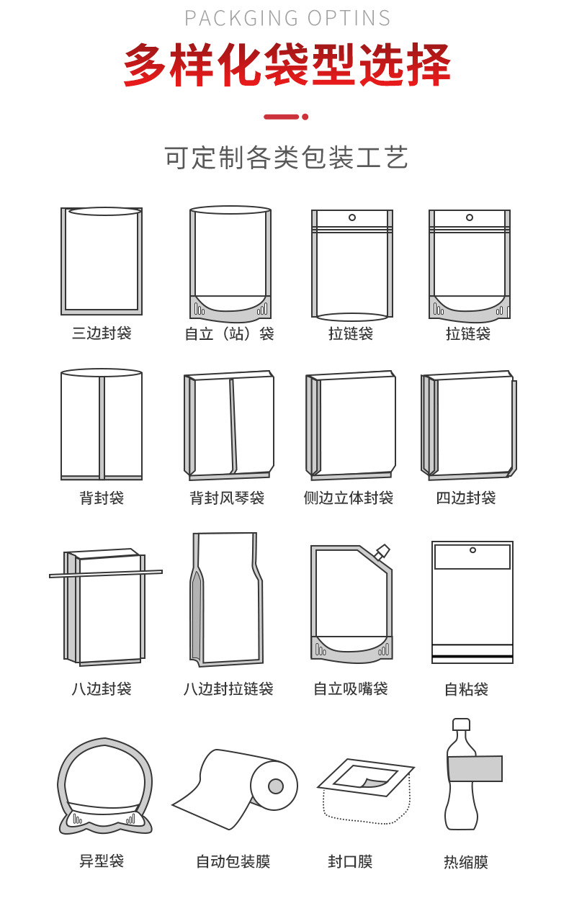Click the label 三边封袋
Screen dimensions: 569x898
pyautogui.click(x=102, y=333)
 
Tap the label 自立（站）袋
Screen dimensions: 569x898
pyautogui.click(x=230, y=334)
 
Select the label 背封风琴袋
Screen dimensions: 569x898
pyautogui.click(x=227, y=498)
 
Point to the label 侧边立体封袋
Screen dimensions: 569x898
pyautogui.click(x=349, y=498)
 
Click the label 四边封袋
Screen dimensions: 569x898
pyautogui.click(x=466, y=498)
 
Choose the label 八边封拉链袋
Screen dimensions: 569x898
pyautogui.click(x=228, y=689)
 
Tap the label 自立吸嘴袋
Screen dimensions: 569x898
pyautogui.click(x=351, y=689)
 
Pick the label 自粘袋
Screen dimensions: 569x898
pyautogui.click(x=466, y=690)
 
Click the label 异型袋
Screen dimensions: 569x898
pyautogui.click(x=102, y=861)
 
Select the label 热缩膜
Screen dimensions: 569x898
pyautogui.click(x=466, y=862)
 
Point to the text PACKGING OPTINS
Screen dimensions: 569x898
pyautogui.click(x=287, y=18)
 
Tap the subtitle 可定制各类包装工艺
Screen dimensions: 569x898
pyautogui.click(x=287, y=157)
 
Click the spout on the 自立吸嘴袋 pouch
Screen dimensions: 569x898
pyautogui.click(x=382, y=552)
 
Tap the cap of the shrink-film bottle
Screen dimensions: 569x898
pyautogui.click(x=461, y=724)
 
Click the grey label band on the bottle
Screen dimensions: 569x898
pyautogui.click(x=475, y=769)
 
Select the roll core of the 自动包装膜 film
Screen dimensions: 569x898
pyautogui.click(x=275, y=786)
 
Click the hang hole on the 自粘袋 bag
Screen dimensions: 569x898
pyautogui.click(x=472, y=550)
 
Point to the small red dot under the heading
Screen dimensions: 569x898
pyautogui.click(x=305, y=116)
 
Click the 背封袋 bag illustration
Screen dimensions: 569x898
pyautogui.click(x=102, y=425)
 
